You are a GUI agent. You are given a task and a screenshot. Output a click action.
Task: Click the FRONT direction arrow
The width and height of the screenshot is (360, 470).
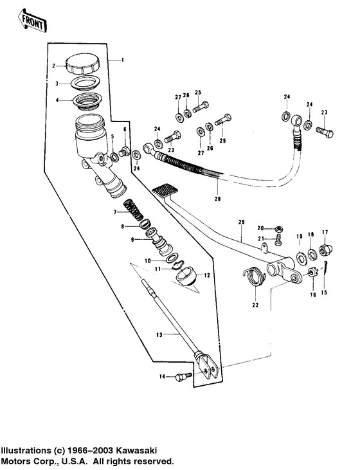coord(32,21)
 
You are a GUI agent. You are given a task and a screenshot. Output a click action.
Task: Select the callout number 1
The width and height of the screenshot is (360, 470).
coord(122,60)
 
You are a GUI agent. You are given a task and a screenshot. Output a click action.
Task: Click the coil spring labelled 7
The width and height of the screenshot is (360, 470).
coord(133,210)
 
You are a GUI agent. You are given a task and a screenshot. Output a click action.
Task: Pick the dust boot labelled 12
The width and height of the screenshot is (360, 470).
coord(186,275)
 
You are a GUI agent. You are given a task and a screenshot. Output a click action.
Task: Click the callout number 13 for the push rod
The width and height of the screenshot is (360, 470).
coord(159,334)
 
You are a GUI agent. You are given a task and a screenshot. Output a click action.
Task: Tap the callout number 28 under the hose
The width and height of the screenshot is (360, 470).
coord(218,199)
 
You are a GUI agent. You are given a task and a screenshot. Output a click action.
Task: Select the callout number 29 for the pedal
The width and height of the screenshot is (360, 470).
coord(241,222)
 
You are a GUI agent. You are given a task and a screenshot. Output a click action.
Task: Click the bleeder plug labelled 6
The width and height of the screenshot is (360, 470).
coord(125,150)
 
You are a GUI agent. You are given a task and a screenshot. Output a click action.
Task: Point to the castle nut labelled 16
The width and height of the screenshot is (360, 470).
coord(312,273)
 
